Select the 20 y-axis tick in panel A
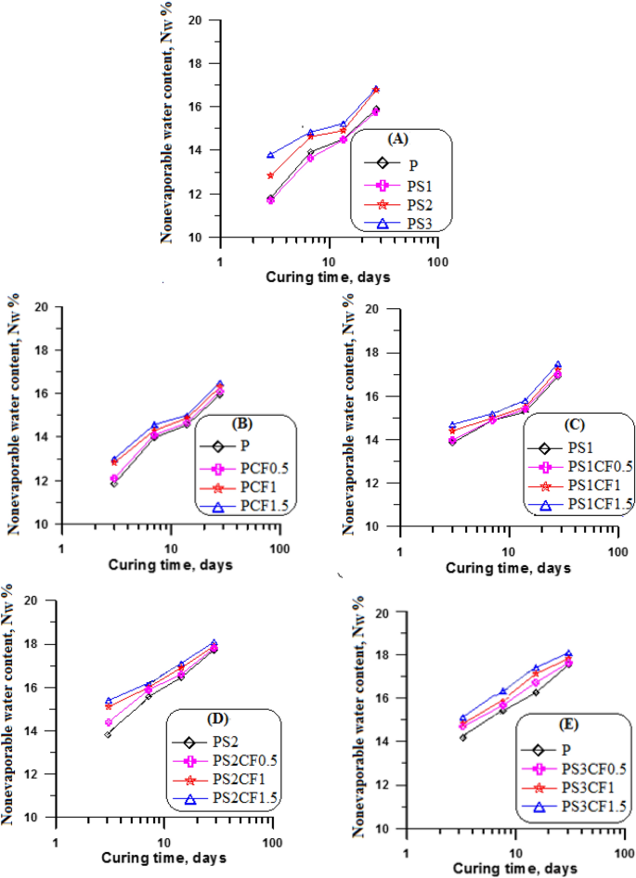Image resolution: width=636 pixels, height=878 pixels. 194,19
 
